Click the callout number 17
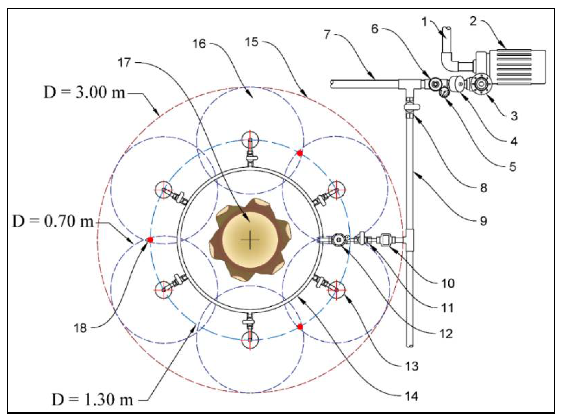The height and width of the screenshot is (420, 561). pyautogui.click(x=124, y=62)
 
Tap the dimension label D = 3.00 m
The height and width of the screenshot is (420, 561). pyautogui.click(x=84, y=92)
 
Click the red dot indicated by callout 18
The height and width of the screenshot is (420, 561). pyautogui.click(x=150, y=240)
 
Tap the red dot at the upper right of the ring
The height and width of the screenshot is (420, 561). pyautogui.click(x=300, y=153)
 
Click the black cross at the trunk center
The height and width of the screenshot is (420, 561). pyautogui.click(x=250, y=240)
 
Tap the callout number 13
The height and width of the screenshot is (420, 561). pyautogui.click(x=411, y=366)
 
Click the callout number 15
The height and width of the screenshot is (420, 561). pyautogui.click(x=251, y=42)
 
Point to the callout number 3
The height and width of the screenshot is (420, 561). pyautogui.click(x=514, y=116)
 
